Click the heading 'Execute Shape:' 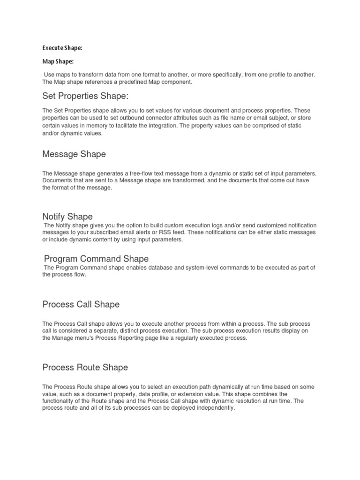(62, 47)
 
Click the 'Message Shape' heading (74, 154)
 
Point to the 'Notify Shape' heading (67, 216)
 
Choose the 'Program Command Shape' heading (96, 258)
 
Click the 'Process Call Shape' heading (81, 304)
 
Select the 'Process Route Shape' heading (85, 367)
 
